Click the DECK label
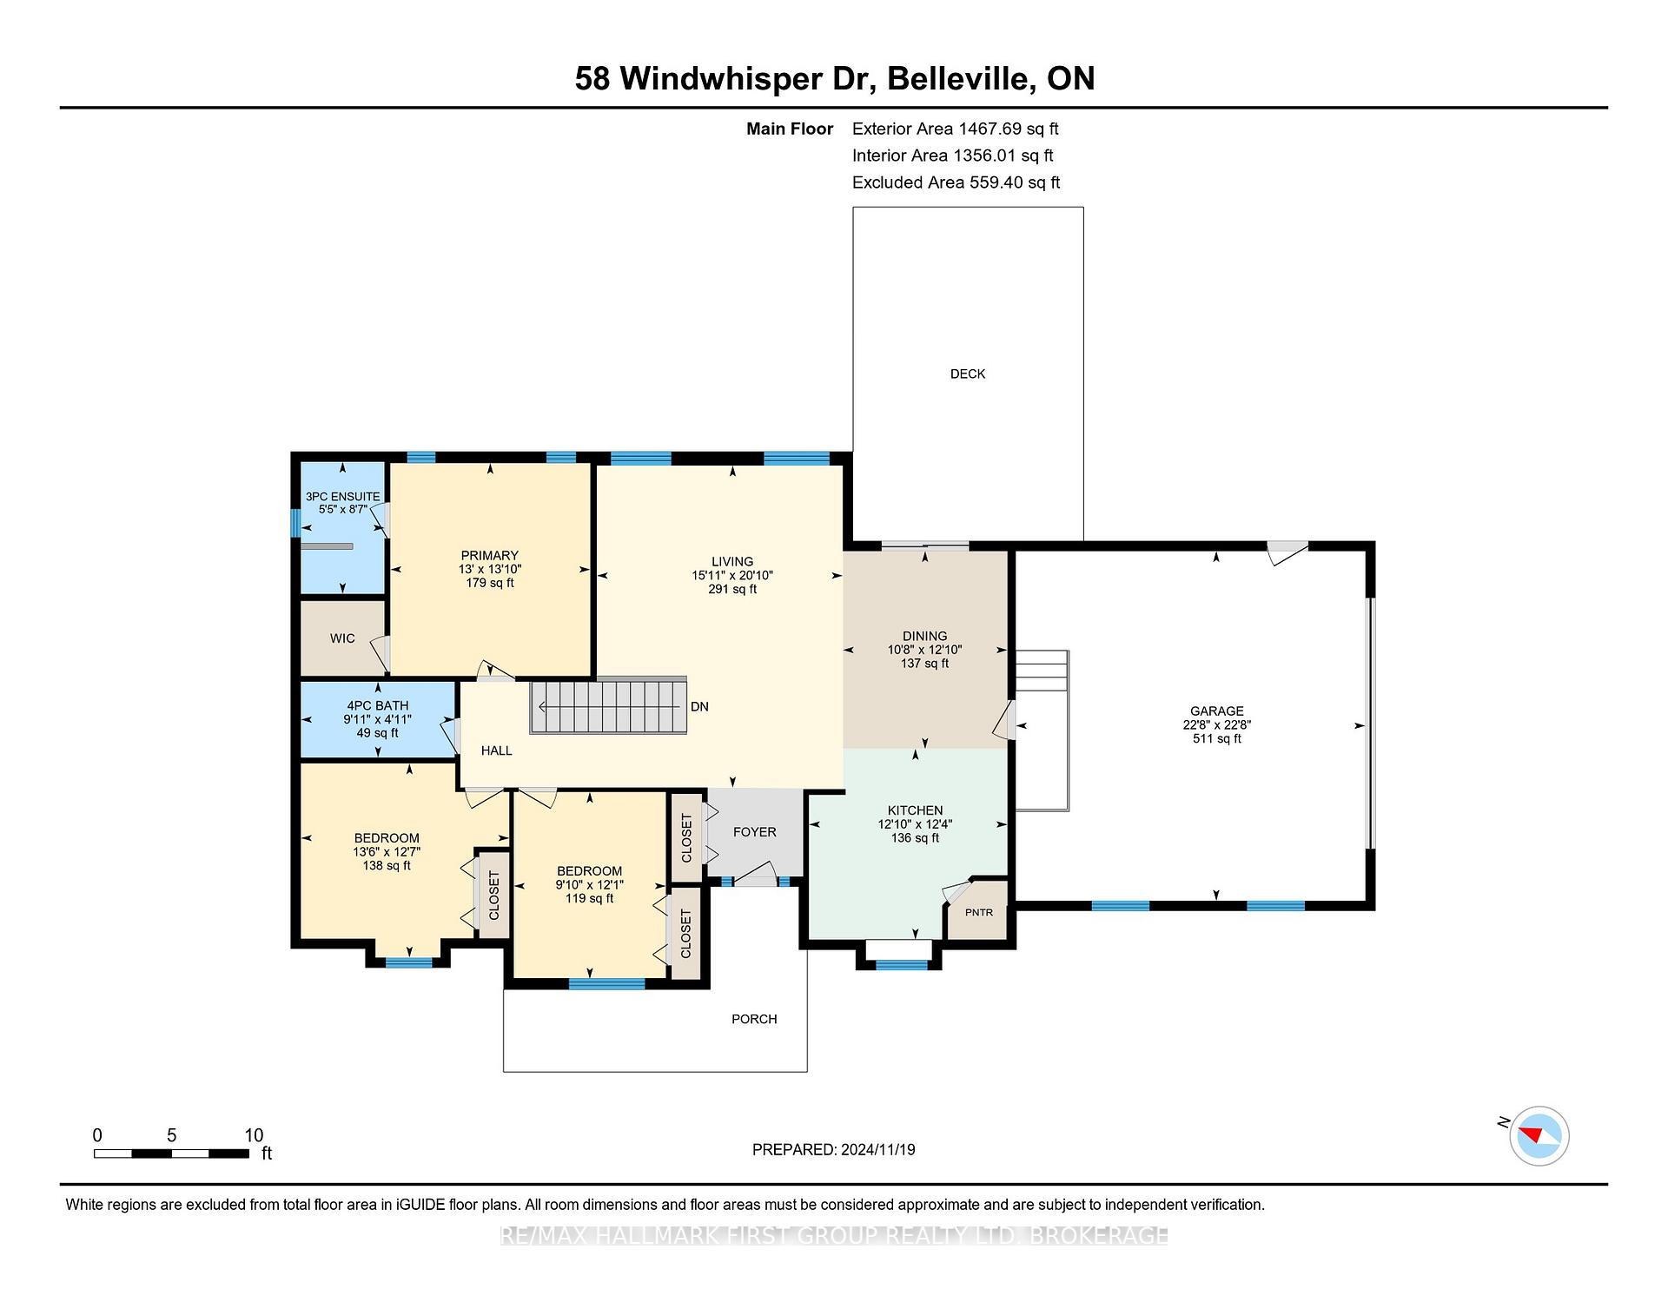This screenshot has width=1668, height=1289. pos(968,373)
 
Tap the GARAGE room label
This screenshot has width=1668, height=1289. pos(1217,711)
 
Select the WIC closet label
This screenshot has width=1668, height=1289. pos(342,638)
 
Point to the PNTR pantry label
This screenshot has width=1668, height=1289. pos(979,912)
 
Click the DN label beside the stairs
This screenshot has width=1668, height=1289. pos(699,707)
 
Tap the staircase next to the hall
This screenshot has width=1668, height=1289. pos(608,705)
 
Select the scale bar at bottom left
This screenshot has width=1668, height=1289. pos(171,1153)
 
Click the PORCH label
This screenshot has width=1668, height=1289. pos(754,1019)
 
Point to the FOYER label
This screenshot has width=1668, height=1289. pos(755,832)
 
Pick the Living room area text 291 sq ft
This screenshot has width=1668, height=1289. pos(732,589)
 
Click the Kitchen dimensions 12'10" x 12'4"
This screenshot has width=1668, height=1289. pos(916,824)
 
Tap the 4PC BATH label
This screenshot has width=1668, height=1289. pos(378,706)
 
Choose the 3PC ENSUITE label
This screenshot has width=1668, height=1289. pos(343,497)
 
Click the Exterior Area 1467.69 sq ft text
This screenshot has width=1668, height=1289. pos(956,129)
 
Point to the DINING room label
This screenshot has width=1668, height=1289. pos(925,636)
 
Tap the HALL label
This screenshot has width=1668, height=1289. pos(497,750)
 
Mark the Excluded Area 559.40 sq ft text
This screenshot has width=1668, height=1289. pos(956,182)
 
